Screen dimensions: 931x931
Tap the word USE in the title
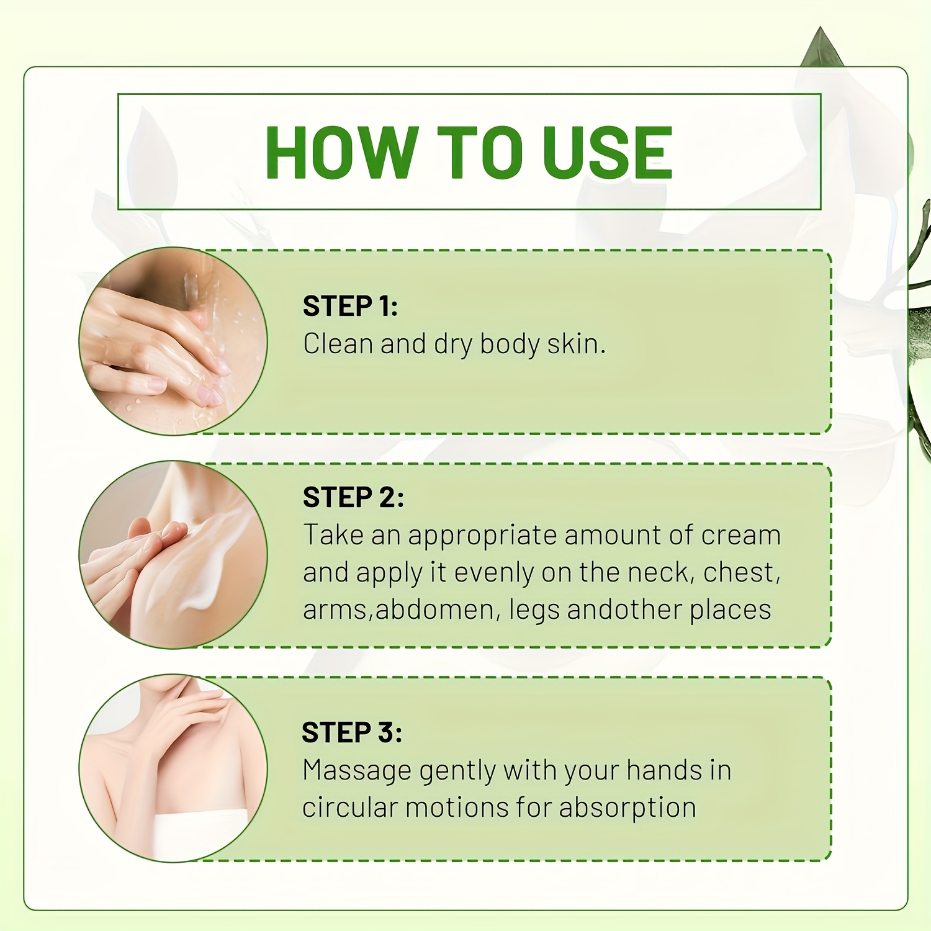click(608, 153)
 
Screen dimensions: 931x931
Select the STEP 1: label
click(350, 306)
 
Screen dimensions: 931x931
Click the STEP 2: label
click(353, 497)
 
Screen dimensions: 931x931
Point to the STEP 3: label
click(352, 732)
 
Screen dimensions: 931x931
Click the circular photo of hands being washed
click(173, 341)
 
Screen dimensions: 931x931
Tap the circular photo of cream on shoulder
click(173, 555)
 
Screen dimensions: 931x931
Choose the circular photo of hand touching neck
click(173, 768)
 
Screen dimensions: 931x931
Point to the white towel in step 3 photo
click(199, 835)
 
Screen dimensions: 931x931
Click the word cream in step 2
click(741, 535)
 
